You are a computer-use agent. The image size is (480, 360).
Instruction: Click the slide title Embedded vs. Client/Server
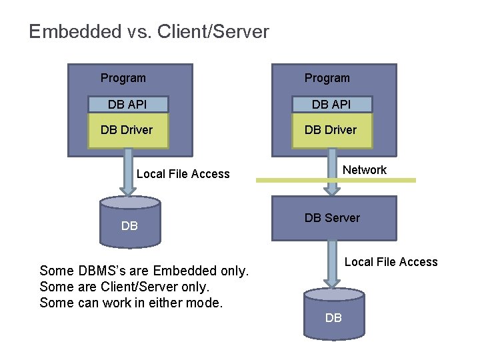point(149,31)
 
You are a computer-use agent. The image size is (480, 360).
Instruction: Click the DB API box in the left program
point(128,104)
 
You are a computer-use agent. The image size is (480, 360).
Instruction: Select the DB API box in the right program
point(331,104)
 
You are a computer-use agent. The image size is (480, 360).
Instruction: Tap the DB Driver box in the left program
point(128,130)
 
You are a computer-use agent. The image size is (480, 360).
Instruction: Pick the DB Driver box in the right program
point(331,130)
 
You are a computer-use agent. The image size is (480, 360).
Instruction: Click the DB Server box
point(333,218)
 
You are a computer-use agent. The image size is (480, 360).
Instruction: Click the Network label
point(364,170)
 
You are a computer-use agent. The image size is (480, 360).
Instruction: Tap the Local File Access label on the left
point(183,174)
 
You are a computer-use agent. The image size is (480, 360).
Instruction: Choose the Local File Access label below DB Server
point(391,262)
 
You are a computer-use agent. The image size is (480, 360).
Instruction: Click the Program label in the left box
point(123,78)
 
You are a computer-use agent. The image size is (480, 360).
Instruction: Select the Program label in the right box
point(327,78)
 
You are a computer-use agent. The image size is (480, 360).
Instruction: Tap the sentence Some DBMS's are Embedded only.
point(144,271)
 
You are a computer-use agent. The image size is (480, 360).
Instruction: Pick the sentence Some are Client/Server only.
point(125,286)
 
